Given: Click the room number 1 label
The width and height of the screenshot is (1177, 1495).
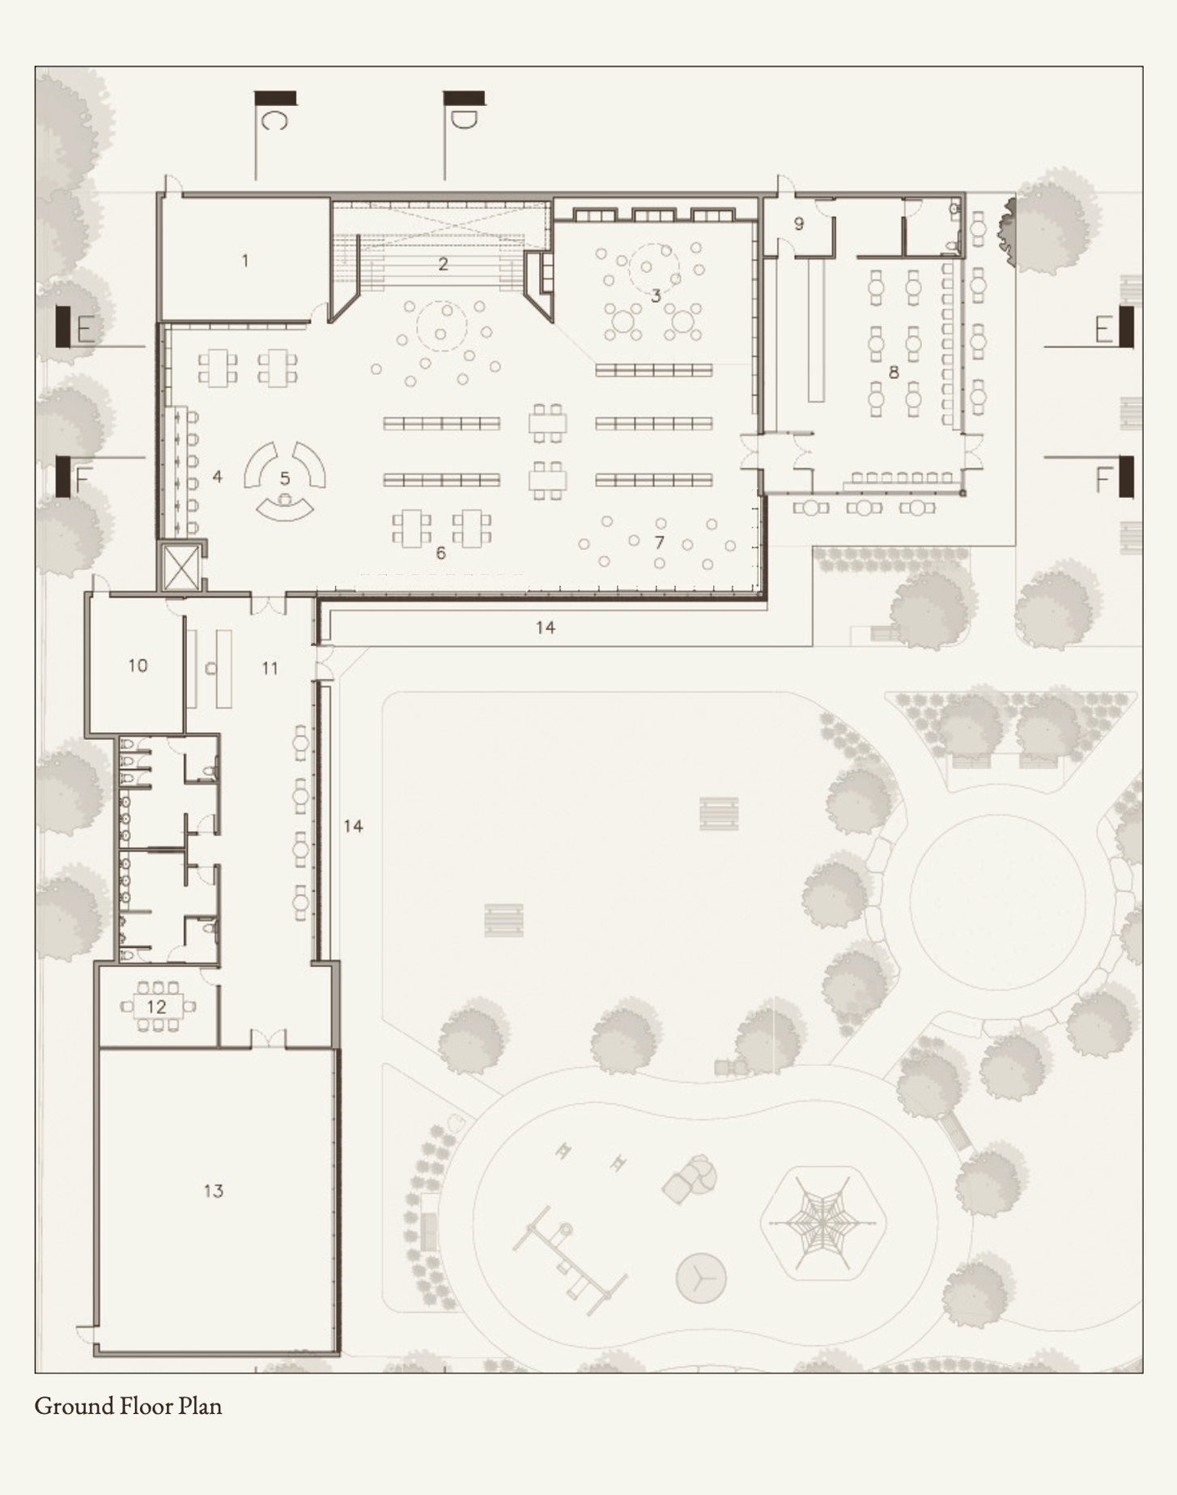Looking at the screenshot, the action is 245,261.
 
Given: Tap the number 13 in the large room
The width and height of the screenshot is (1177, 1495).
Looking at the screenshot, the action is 213,1190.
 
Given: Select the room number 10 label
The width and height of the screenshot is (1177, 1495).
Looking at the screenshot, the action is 138,665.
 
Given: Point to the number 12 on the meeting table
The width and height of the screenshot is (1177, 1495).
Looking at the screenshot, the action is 156,1007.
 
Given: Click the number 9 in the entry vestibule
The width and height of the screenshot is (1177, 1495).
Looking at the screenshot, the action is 799,224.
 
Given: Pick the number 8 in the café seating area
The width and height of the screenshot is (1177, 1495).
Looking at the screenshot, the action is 894,373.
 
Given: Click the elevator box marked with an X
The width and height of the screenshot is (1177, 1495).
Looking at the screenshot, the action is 181,567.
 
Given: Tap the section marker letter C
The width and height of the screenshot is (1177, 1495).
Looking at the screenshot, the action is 274,120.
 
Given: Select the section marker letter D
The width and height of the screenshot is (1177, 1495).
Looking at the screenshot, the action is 464,120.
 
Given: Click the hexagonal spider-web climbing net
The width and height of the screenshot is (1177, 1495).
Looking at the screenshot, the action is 823,1223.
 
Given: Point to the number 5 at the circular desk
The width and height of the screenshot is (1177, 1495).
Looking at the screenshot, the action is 285,479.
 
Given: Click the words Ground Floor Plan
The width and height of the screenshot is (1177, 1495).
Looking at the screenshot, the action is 128,1405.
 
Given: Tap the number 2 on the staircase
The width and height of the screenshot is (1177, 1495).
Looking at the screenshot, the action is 443,263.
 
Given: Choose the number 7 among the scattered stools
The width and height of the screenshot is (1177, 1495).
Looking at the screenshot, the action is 659,542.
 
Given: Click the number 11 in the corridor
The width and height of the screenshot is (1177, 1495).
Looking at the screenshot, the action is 270,668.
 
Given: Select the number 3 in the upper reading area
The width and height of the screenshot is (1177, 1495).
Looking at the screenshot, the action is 656,296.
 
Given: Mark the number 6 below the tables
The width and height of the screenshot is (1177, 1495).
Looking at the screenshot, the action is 440,553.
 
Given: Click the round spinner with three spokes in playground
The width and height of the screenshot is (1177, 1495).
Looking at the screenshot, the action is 701,1278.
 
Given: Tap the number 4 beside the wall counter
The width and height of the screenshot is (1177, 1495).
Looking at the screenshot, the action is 217,477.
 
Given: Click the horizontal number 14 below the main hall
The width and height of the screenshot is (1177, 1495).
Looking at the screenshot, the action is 545,628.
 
